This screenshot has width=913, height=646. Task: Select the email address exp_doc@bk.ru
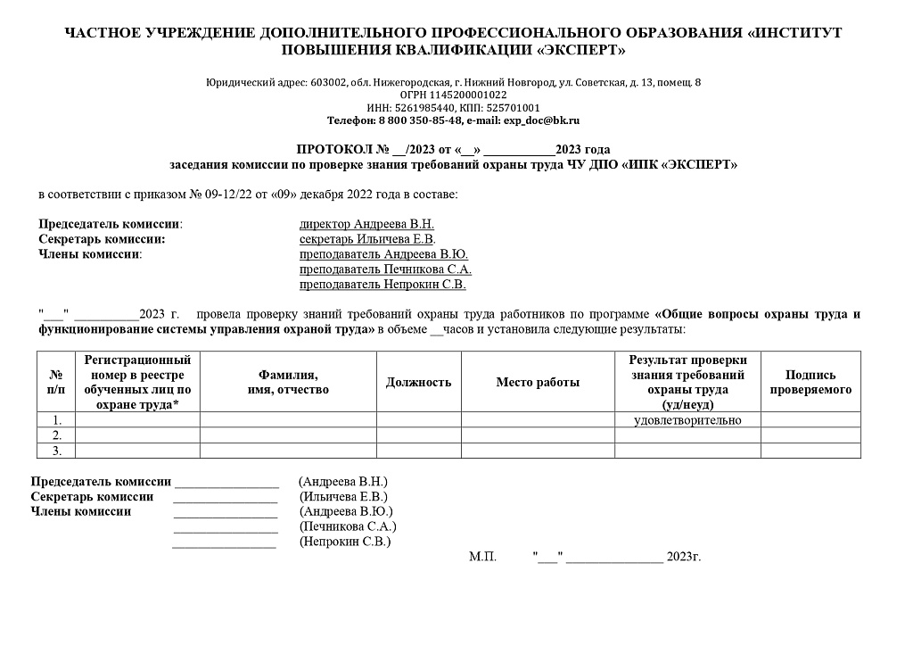pyautogui.click(x=542, y=120)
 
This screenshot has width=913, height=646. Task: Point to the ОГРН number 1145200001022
pyautogui.click(x=468, y=95)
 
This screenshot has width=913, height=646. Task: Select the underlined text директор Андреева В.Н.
pyautogui.click(x=366, y=224)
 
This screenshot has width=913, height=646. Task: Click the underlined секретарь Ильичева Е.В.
pyautogui.click(x=367, y=239)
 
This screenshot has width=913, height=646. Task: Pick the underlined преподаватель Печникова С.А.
pyautogui.click(x=385, y=269)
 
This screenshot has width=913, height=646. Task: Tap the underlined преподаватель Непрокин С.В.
pyautogui.click(x=382, y=285)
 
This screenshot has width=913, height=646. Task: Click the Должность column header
pyautogui.click(x=418, y=383)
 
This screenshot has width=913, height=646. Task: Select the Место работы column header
pyautogui.click(x=538, y=383)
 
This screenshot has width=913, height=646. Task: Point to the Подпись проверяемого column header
pyautogui.click(x=810, y=383)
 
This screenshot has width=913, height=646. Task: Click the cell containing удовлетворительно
pyautogui.click(x=687, y=420)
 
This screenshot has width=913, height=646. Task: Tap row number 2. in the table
pyautogui.click(x=56, y=435)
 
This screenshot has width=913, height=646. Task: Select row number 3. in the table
pyautogui.click(x=56, y=451)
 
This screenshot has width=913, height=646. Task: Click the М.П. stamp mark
pyautogui.click(x=482, y=557)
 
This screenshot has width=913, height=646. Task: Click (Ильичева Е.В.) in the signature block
pyautogui.click(x=344, y=497)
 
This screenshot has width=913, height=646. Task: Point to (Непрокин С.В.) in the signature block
pyautogui.click(x=345, y=541)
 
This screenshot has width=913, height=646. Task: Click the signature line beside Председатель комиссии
pyautogui.click(x=226, y=484)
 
